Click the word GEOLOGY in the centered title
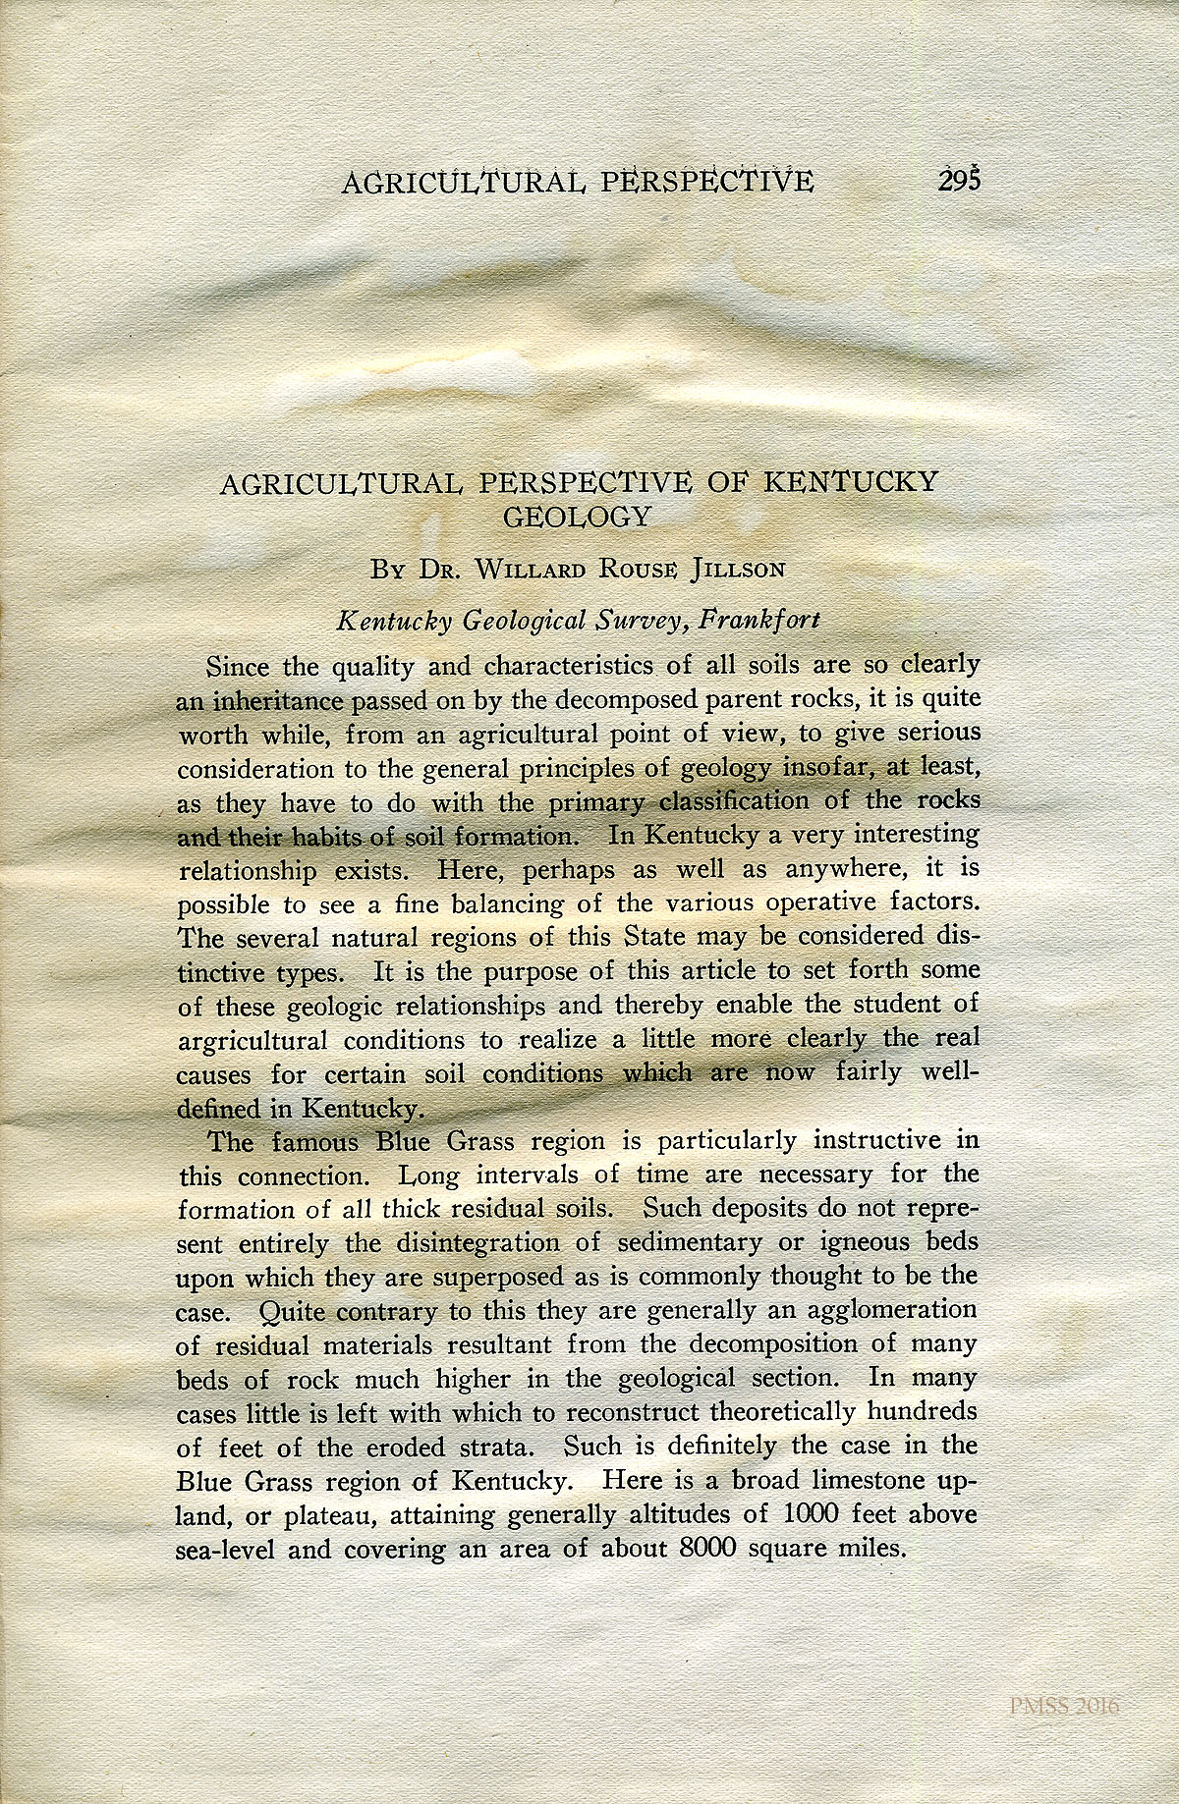point(577,517)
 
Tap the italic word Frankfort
point(758,621)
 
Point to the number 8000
point(708,1549)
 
